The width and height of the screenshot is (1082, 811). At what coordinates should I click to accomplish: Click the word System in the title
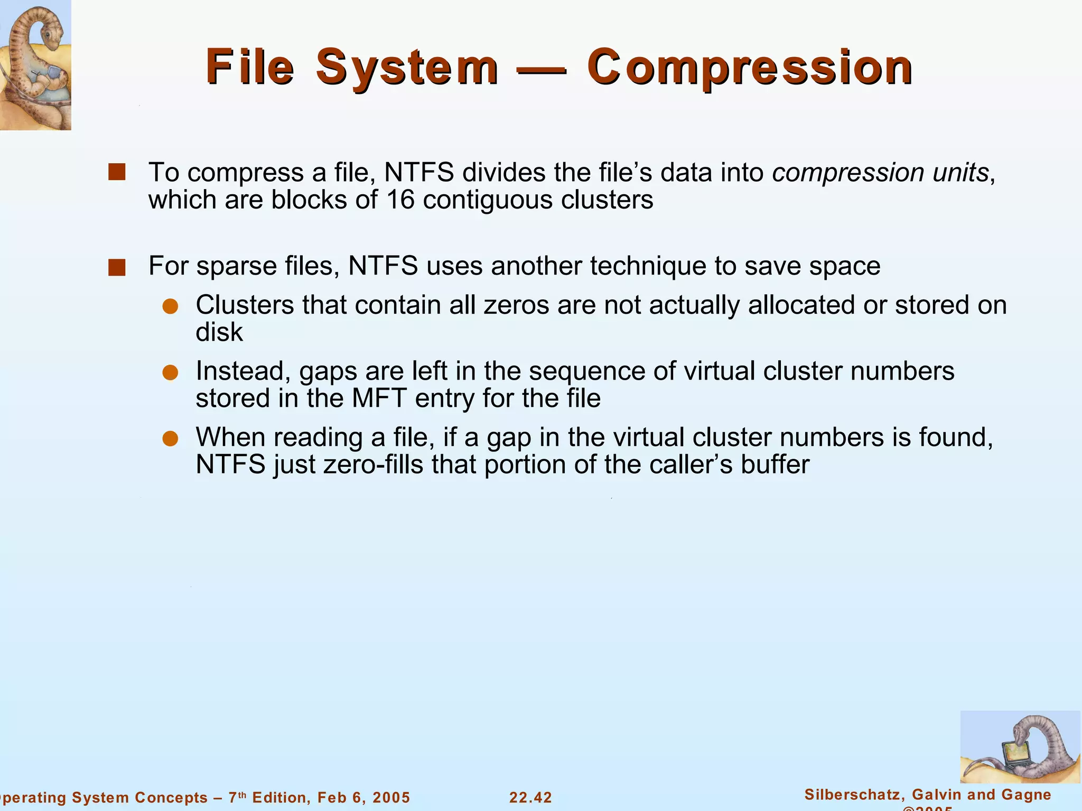click(x=407, y=67)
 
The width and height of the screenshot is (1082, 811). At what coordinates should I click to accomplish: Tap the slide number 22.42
click(x=530, y=797)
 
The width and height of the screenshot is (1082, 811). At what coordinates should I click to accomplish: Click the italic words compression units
click(x=880, y=173)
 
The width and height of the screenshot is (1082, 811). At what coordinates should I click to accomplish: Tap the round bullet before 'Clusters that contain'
click(x=170, y=306)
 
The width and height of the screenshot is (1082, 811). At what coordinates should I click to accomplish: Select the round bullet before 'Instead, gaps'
click(x=170, y=373)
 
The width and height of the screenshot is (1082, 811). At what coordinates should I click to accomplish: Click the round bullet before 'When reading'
click(x=170, y=439)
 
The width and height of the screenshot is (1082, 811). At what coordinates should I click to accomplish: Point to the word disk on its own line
click(x=219, y=333)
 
